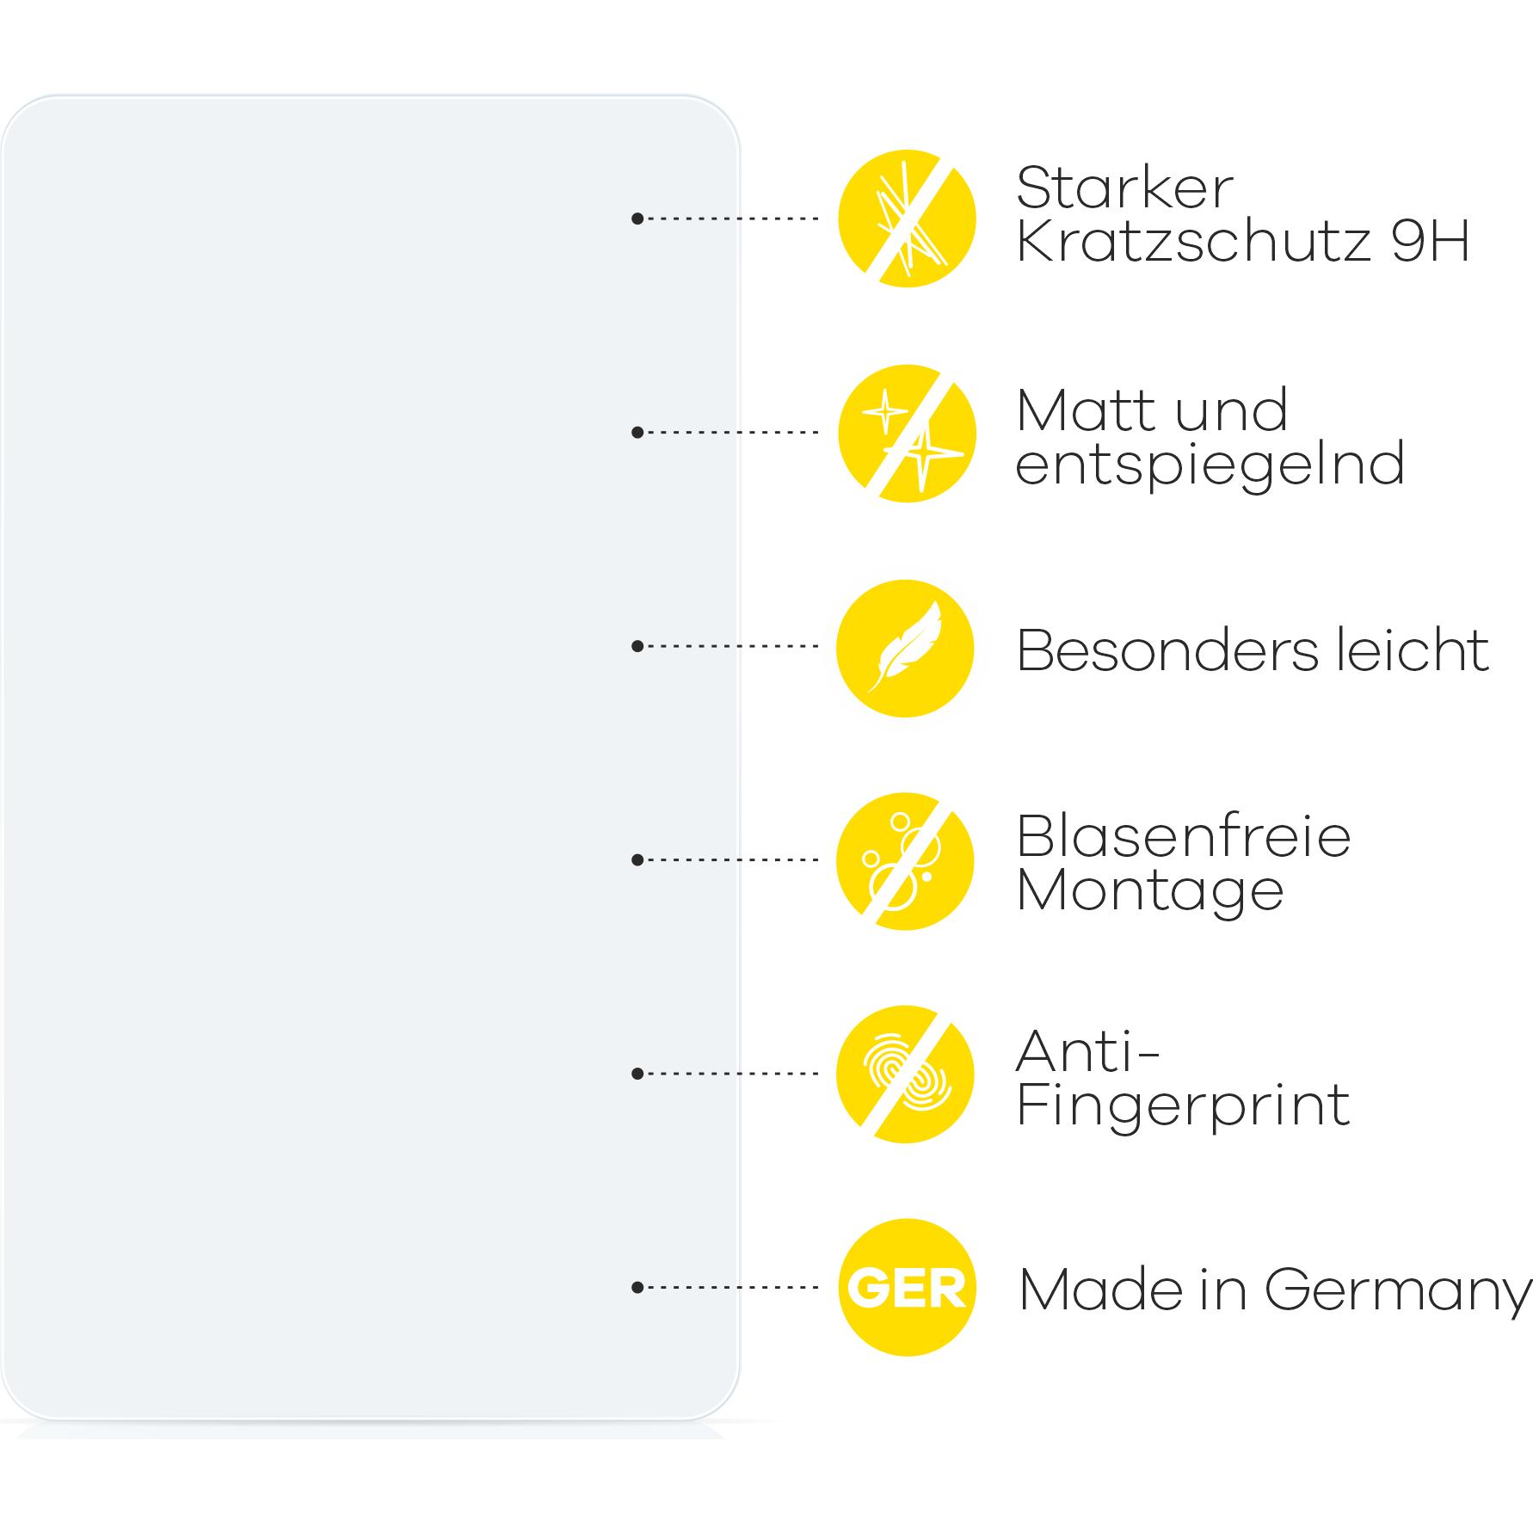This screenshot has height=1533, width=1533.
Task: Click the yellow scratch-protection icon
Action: [x=907, y=219]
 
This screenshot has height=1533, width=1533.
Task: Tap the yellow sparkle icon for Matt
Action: [x=907, y=433]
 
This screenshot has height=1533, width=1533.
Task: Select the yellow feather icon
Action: [x=906, y=648]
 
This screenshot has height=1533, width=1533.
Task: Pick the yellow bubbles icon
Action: [x=906, y=861]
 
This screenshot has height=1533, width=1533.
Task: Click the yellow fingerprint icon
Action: [x=906, y=1074]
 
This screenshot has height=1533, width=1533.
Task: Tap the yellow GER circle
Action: [x=907, y=1288]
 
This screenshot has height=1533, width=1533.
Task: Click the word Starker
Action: [x=1124, y=188]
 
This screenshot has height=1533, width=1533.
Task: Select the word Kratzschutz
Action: [x=1193, y=241]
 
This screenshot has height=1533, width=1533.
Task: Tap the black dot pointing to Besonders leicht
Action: [x=637, y=646]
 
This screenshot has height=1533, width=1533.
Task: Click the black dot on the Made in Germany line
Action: [x=637, y=1288]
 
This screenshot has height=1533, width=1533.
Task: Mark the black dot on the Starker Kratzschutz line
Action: [x=637, y=219]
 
